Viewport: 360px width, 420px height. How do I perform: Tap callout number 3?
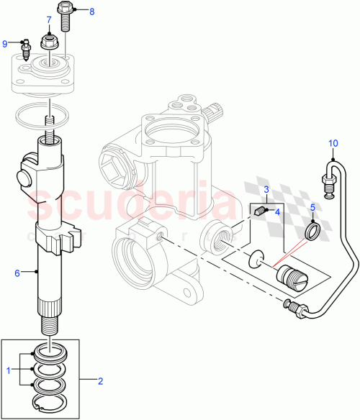click(266, 189)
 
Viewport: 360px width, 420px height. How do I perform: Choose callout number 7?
click(49, 19)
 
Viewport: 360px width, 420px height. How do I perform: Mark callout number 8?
click(91, 12)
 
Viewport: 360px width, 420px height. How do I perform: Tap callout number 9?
click(6, 43)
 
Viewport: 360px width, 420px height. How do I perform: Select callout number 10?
click(333, 142)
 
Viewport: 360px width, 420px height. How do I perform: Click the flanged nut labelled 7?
click(50, 42)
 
